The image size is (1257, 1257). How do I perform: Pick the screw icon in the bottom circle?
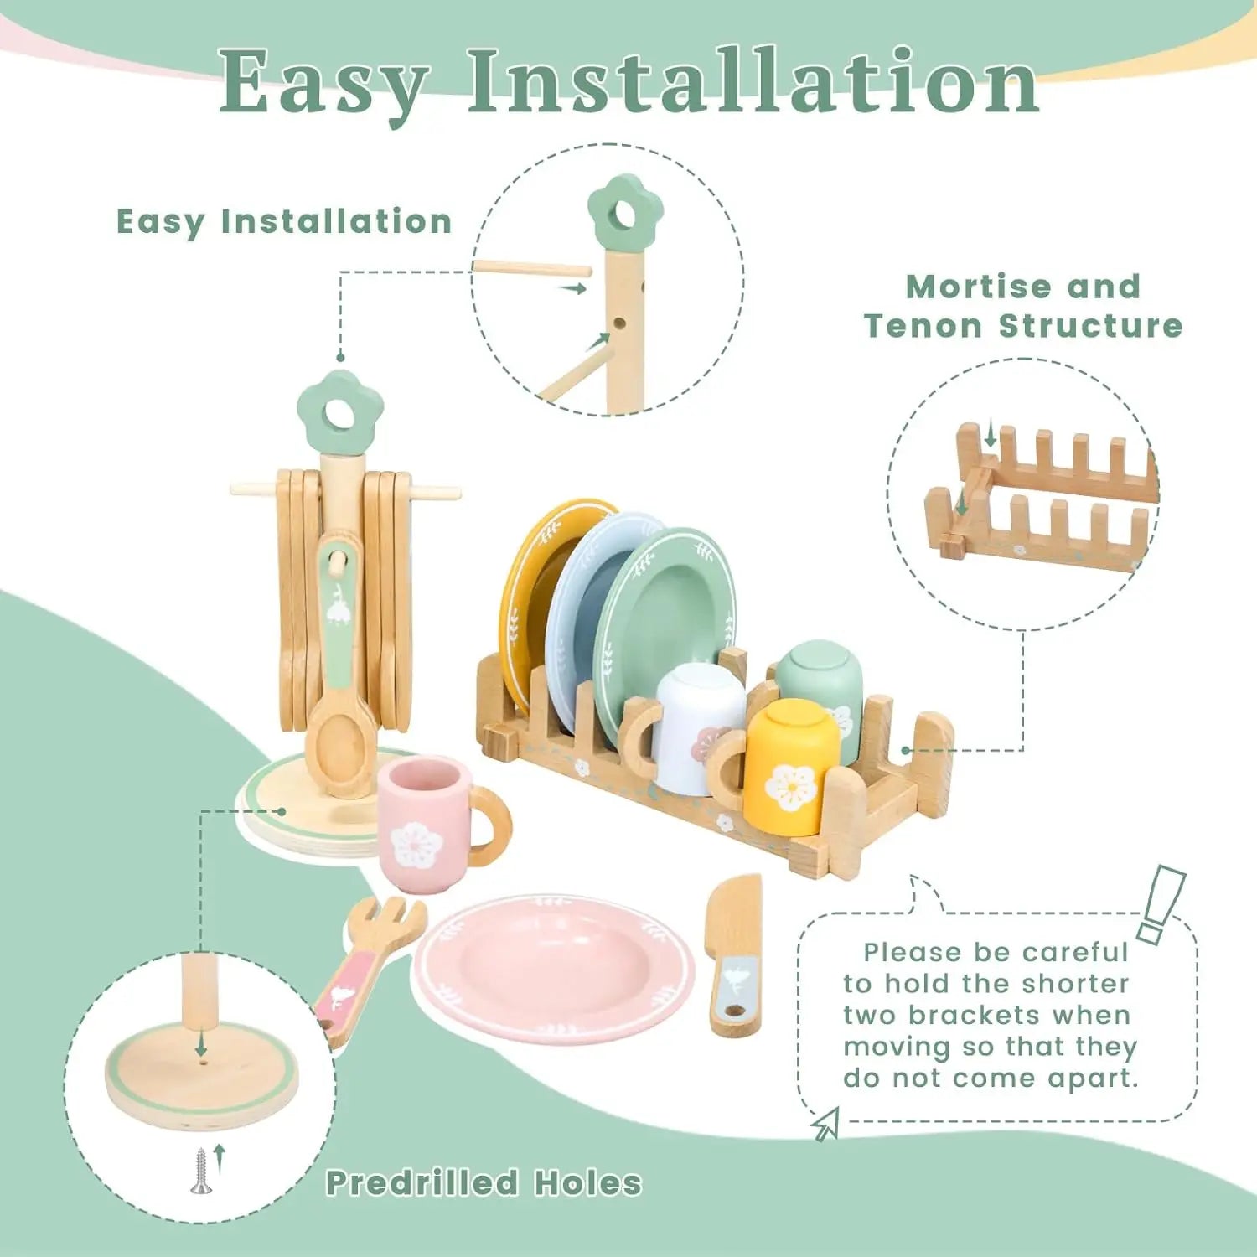(199, 1170)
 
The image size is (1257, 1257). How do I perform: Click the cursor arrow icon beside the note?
(826, 1124)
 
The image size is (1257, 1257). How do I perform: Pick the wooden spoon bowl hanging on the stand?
(339, 746)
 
